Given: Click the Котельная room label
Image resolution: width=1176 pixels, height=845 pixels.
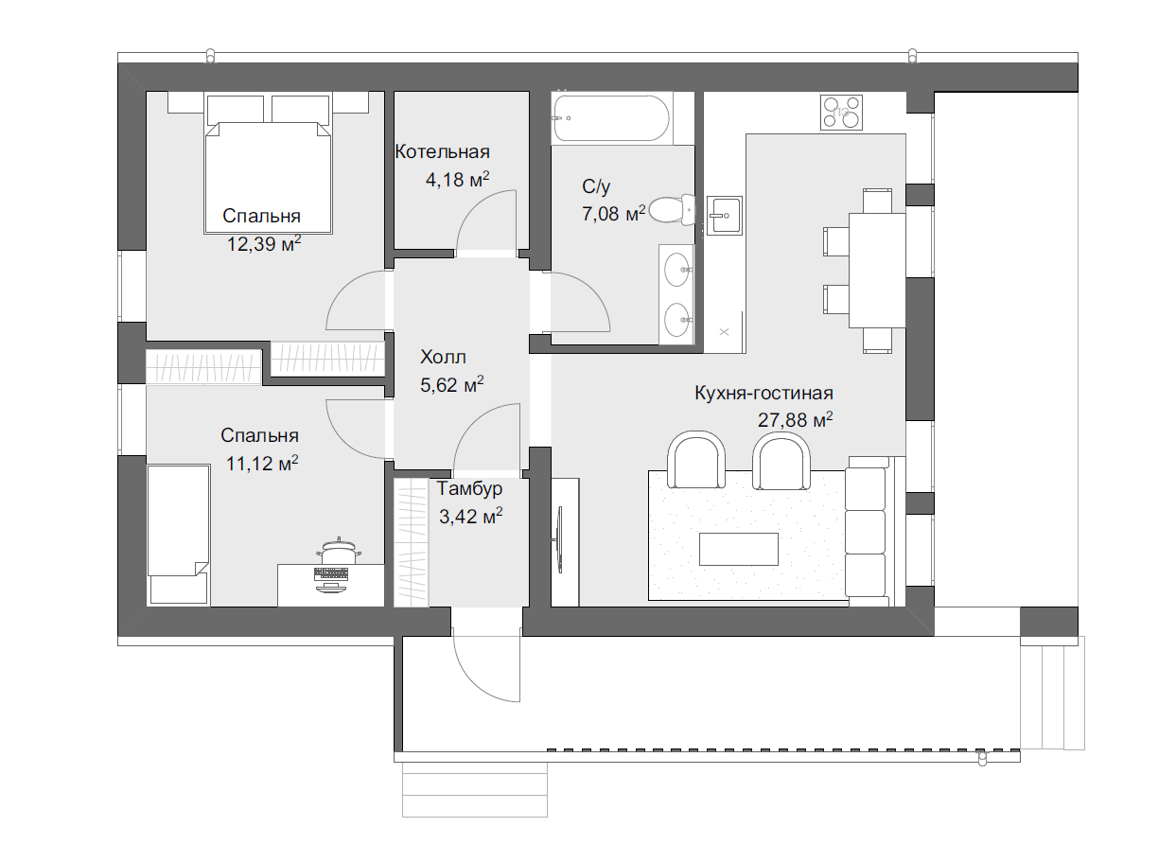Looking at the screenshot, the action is pyautogui.click(x=442, y=151).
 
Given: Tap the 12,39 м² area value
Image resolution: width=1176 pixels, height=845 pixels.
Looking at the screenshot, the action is pyautogui.click(x=264, y=244).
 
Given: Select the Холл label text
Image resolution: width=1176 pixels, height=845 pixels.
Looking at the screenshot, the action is pyautogui.click(x=443, y=357).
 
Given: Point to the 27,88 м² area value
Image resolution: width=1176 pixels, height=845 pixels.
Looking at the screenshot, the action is pyautogui.click(x=795, y=419).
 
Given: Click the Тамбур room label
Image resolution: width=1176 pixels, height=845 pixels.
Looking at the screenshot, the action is pyautogui.click(x=470, y=488).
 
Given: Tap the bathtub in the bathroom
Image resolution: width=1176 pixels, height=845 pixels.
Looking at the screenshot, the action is pyautogui.click(x=611, y=117).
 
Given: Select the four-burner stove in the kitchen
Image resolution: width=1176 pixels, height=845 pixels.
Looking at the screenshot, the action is pyautogui.click(x=841, y=113).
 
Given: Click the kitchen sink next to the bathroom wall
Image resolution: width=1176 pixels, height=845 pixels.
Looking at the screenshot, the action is pyautogui.click(x=724, y=216).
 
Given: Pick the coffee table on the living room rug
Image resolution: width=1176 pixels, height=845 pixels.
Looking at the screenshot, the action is pyautogui.click(x=739, y=549).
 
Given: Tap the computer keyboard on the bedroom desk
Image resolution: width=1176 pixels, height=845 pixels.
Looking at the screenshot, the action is pyautogui.click(x=331, y=573).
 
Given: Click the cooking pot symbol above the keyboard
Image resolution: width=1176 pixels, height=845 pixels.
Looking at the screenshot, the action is pyautogui.click(x=338, y=552).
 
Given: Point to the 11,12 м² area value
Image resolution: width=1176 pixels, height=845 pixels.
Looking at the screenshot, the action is pyautogui.click(x=262, y=464).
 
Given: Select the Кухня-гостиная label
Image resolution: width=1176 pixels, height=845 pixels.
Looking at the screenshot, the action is pyautogui.click(x=764, y=393).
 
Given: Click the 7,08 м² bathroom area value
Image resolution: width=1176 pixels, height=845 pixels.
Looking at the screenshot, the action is pyautogui.click(x=613, y=214).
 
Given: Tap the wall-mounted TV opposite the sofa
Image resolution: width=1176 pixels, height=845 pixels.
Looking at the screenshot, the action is pyautogui.click(x=558, y=539).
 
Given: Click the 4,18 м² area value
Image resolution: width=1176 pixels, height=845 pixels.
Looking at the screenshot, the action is pyautogui.click(x=457, y=180).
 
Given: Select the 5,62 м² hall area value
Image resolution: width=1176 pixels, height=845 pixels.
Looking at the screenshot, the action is pyautogui.click(x=451, y=385).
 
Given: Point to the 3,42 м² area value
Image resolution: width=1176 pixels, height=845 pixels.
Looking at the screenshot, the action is pyautogui.click(x=470, y=517).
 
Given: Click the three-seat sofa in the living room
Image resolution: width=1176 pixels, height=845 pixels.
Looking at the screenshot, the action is pyautogui.click(x=868, y=532).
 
